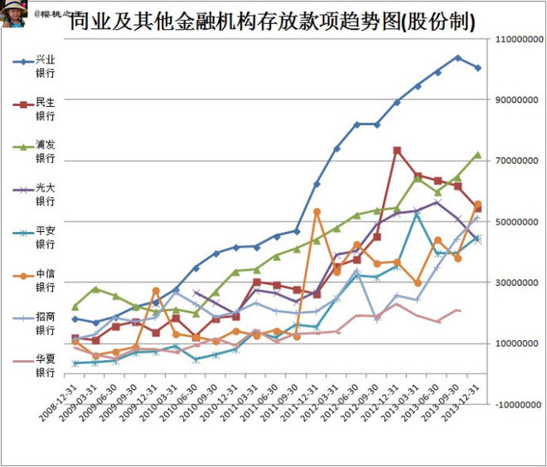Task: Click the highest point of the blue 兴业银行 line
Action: click(x=457, y=57)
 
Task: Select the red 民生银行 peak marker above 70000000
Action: click(x=397, y=150)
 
